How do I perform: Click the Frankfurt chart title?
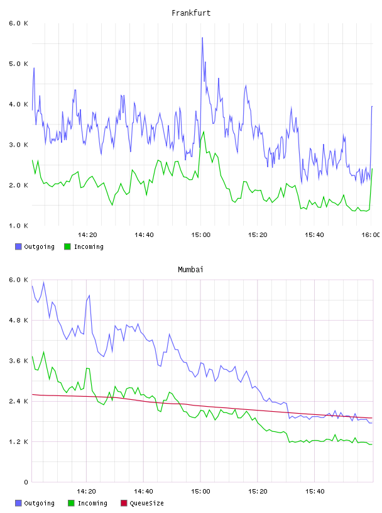click(x=191, y=13)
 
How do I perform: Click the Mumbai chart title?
click(x=190, y=270)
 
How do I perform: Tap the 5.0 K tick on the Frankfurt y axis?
click(x=19, y=63)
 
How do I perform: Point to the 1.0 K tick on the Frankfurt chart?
click(x=19, y=226)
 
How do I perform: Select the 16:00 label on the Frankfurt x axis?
click(x=370, y=235)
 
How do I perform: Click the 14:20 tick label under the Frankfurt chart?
click(x=87, y=235)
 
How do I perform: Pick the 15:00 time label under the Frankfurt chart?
click(x=201, y=235)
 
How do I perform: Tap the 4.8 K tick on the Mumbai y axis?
click(x=19, y=320)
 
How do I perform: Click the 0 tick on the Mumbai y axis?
click(x=26, y=482)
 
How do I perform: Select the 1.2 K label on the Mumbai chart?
click(x=19, y=442)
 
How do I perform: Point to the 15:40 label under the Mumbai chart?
click(x=315, y=492)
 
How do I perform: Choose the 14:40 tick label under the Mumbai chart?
click(x=143, y=492)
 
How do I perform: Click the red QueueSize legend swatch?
click(x=124, y=503)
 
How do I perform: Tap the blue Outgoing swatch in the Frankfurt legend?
click(x=18, y=246)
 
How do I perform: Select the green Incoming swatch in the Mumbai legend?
click(x=71, y=503)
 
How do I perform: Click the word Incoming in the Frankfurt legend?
click(x=89, y=247)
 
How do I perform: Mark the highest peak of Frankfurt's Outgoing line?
click(x=202, y=38)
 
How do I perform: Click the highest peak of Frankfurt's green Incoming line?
click(x=204, y=132)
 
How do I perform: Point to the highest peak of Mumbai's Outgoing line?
click(x=43, y=282)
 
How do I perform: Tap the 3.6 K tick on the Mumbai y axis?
click(x=19, y=361)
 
